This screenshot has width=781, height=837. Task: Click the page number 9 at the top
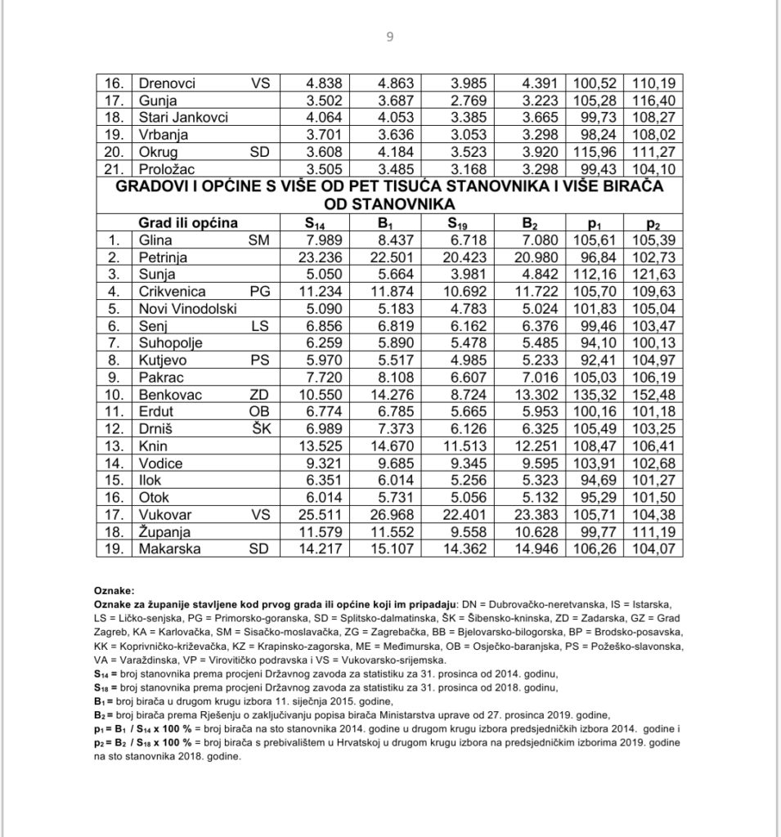[x=390, y=35]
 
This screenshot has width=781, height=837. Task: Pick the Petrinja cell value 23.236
[x=322, y=257]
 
